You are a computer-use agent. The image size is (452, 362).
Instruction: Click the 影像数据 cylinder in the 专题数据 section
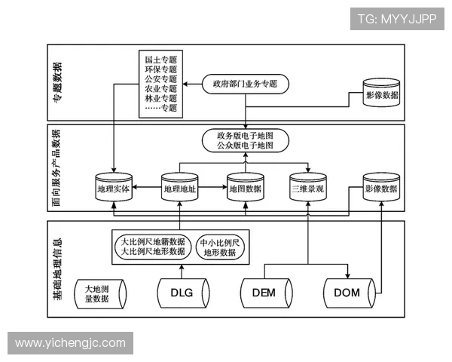click(382, 97)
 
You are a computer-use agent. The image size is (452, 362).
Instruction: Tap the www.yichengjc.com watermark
click(71, 343)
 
